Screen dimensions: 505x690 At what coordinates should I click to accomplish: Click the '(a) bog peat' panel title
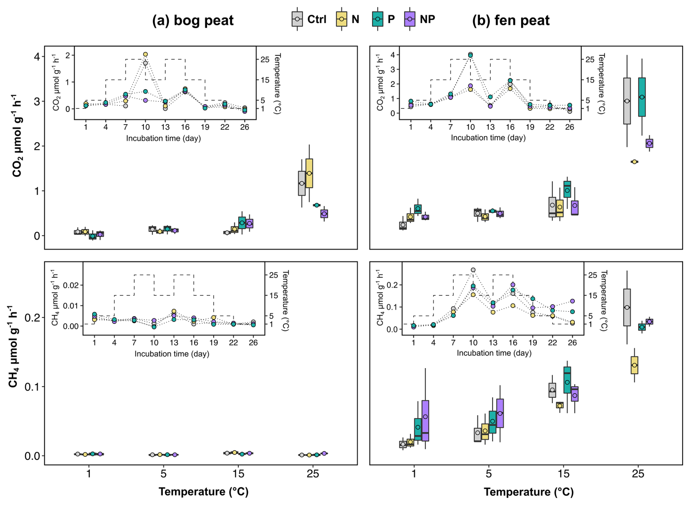point(193,20)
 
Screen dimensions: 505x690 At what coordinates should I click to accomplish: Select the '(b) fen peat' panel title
point(511,20)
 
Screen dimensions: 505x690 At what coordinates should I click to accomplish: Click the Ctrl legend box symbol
point(297,19)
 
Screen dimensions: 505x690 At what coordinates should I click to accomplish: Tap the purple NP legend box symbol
point(410,19)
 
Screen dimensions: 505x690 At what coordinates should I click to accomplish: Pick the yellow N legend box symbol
point(341,19)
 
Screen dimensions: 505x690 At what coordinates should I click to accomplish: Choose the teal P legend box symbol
point(377,19)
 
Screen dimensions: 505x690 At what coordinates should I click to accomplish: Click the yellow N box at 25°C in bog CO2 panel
point(309,173)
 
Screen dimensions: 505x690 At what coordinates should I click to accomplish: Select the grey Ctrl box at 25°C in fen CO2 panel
point(627,101)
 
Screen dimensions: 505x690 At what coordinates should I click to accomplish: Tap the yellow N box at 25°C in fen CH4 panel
point(635,365)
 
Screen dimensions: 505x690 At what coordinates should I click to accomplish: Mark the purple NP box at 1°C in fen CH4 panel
point(425,421)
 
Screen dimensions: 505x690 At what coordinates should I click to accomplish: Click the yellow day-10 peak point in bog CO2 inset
point(146,54)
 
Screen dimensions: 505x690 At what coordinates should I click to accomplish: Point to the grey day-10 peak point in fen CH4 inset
point(473,270)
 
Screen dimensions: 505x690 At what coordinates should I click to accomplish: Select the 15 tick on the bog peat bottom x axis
point(238,474)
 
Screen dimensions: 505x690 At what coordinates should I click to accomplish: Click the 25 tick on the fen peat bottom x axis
point(638,474)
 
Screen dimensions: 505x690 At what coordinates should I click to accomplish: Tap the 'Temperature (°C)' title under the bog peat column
point(203,492)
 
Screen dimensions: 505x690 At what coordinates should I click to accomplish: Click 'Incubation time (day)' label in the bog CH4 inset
point(172,354)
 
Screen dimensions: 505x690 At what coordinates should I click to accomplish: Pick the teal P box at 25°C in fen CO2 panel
point(642,97)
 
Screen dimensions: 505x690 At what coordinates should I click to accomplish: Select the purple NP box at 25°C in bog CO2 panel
point(324,214)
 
